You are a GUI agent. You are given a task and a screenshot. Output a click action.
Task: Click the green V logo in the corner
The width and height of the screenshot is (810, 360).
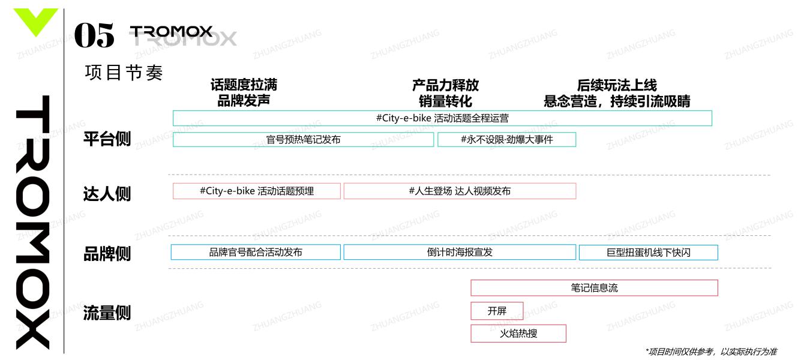(x=35, y=22)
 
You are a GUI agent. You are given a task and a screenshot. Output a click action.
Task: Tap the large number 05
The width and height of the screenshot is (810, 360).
(x=94, y=36)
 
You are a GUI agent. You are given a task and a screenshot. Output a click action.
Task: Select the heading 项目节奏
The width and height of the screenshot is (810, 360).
(x=124, y=73)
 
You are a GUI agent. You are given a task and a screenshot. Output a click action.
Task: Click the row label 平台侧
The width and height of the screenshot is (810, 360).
(x=107, y=140)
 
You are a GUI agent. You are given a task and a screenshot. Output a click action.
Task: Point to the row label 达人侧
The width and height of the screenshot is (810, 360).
(x=107, y=194)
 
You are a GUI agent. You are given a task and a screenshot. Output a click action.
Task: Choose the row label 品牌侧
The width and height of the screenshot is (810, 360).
(x=107, y=253)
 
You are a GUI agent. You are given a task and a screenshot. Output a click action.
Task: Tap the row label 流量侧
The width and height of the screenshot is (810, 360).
(x=107, y=313)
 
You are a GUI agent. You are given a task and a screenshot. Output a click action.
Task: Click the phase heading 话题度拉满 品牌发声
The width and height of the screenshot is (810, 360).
(x=244, y=92)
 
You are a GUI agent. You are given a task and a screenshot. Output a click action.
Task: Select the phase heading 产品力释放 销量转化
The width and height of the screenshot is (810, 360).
(x=445, y=92)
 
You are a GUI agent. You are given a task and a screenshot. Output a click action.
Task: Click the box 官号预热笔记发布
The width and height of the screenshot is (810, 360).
(x=303, y=140)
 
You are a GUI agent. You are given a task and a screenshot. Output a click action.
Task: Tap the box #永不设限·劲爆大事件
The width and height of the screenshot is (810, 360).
(x=506, y=140)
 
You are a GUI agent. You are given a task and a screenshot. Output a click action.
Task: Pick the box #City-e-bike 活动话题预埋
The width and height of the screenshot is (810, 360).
(x=256, y=191)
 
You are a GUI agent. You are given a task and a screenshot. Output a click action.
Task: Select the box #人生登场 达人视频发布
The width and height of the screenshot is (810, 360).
(x=460, y=191)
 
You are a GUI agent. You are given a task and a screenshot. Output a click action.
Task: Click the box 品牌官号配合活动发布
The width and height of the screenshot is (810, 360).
(x=256, y=253)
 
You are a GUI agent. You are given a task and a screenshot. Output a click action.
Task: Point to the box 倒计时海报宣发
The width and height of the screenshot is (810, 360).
(x=460, y=253)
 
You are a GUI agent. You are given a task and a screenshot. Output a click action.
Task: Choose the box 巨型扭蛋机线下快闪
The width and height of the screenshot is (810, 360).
(x=648, y=253)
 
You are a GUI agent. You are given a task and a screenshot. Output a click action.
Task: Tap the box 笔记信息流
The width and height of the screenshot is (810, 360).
(x=594, y=288)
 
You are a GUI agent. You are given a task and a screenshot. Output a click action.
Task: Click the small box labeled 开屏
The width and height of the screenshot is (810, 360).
(x=497, y=311)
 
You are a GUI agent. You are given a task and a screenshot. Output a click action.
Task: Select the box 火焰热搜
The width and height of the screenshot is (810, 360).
(x=518, y=334)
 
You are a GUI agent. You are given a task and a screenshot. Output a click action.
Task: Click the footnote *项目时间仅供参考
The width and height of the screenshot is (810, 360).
(x=711, y=352)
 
